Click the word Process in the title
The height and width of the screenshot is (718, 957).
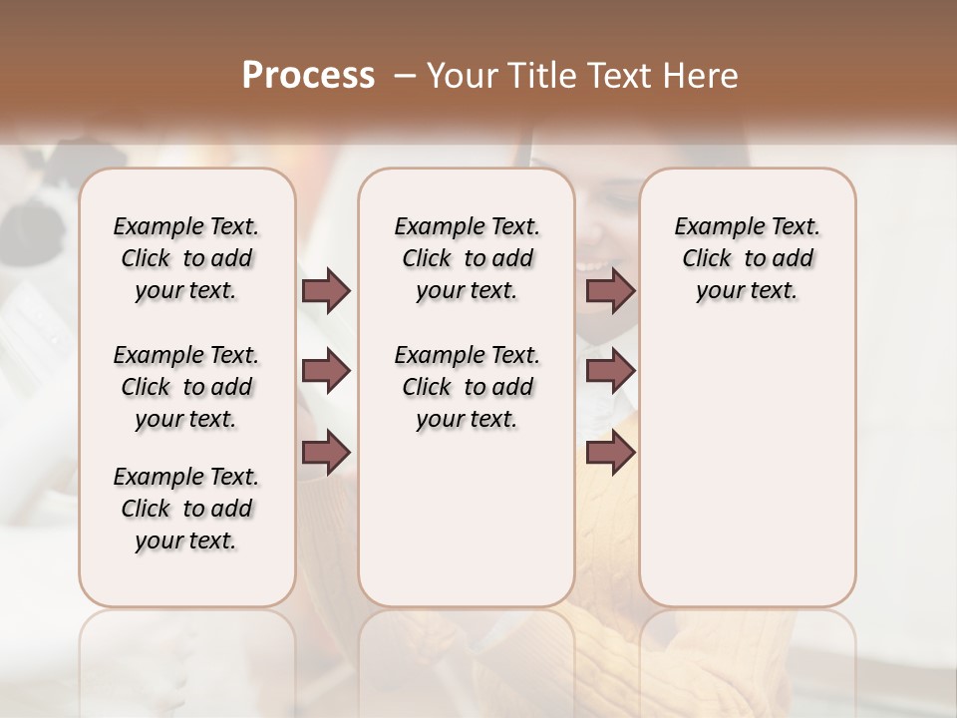coord(308,75)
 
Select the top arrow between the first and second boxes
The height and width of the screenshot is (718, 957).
coord(326,290)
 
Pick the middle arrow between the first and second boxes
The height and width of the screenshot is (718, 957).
coord(326,371)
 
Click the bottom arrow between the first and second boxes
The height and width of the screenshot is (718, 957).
coord(326,452)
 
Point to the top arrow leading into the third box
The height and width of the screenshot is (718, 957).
coord(610,290)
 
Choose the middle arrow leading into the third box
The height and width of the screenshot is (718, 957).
coord(610,371)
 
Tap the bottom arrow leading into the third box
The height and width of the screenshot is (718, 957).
coord(610,452)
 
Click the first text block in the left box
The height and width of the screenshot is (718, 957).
coord(186,258)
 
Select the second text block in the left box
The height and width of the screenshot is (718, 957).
coord(186,387)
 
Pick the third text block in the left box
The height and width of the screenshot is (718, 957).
coord(186,509)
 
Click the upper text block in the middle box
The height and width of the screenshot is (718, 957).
coord(467,258)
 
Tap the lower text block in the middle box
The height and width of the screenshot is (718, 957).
coord(467,387)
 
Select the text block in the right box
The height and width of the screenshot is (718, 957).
coord(747,258)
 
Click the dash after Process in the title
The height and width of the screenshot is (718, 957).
coord(406,76)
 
